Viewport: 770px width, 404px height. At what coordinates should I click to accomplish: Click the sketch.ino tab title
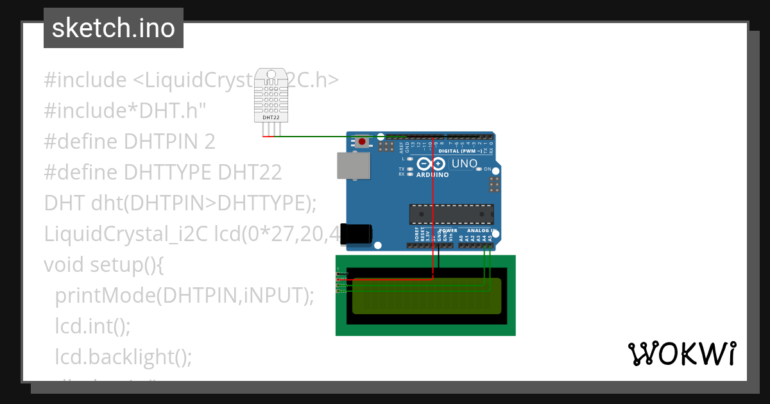tap(114, 28)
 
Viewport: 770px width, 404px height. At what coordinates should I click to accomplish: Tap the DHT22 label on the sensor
tap(271, 118)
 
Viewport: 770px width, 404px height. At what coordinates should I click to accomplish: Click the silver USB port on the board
tap(354, 165)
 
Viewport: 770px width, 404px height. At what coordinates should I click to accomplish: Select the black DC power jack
tap(356, 234)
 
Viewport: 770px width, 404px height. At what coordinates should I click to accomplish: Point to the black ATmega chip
tap(452, 214)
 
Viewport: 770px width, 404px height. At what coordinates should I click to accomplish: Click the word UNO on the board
tap(465, 164)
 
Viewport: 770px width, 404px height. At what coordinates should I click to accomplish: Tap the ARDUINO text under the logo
tap(432, 174)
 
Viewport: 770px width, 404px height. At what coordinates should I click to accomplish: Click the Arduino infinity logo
tap(431, 164)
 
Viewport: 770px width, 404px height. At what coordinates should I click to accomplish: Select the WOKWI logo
tap(681, 353)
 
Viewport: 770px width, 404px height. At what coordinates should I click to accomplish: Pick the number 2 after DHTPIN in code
tap(209, 142)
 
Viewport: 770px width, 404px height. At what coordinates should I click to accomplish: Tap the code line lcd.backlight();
tap(123, 357)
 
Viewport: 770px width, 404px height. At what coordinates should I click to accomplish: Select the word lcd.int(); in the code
tap(92, 326)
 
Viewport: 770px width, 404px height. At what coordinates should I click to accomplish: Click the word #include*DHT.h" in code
tap(125, 111)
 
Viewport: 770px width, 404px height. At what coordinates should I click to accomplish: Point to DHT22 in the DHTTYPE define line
tap(250, 173)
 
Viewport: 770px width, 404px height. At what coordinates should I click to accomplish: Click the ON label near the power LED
tap(488, 169)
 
